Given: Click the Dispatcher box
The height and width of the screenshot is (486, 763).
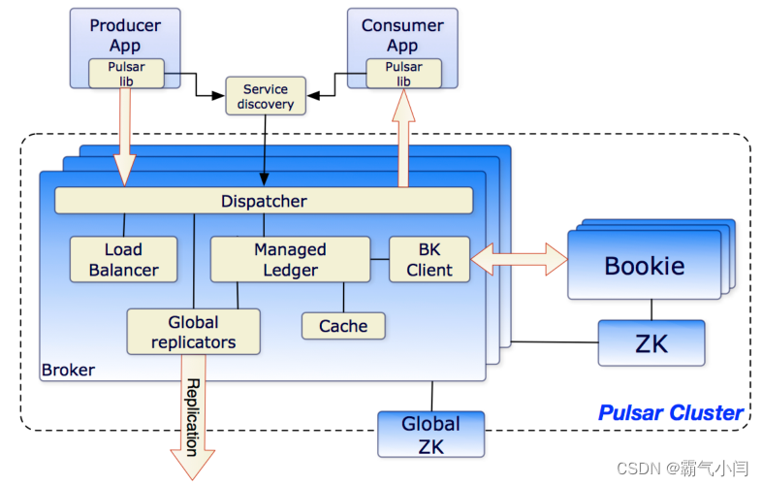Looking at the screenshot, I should pyautogui.click(x=264, y=201).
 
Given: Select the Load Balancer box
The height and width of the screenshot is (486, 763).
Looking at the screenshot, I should pyautogui.click(x=124, y=259).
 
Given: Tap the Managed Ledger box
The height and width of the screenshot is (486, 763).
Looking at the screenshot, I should pyautogui.click(x=290, y=259).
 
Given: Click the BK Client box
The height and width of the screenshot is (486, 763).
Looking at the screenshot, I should pyautogui.click(x=429, y=259).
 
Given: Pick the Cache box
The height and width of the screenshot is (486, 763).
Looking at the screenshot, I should pyautogui.click(x=343, y=326).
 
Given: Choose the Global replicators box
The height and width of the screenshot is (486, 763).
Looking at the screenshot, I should pyautogui.click(x=193, y=332).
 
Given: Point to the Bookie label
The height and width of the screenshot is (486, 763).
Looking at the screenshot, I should pyautogui.click(x=645, y=265).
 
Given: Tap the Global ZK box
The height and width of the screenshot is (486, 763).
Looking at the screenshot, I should pyautogui.click(x=431, y=434).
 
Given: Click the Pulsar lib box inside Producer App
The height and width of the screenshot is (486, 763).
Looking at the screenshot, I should pyautogui.click(x=126, y=74).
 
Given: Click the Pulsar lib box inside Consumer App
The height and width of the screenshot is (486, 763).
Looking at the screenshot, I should pyautogui.click(x=403, y=74).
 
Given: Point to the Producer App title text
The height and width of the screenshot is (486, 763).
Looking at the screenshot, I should pyautogui.click(x=125, y=35).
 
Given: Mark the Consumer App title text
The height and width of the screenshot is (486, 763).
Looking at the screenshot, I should pyautogui.click(x=402, y=35).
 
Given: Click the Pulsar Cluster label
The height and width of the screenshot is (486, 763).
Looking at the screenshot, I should pyautogui.click(x=670, y=412).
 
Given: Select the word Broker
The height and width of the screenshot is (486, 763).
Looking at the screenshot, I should pyautogui.click(x=68, y=370).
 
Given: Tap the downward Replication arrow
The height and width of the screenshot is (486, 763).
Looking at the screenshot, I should pyautogui.click(x=192, y=417).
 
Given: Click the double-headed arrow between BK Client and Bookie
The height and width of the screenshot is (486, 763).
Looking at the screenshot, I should pyautogui.click(x=519, y=259).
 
